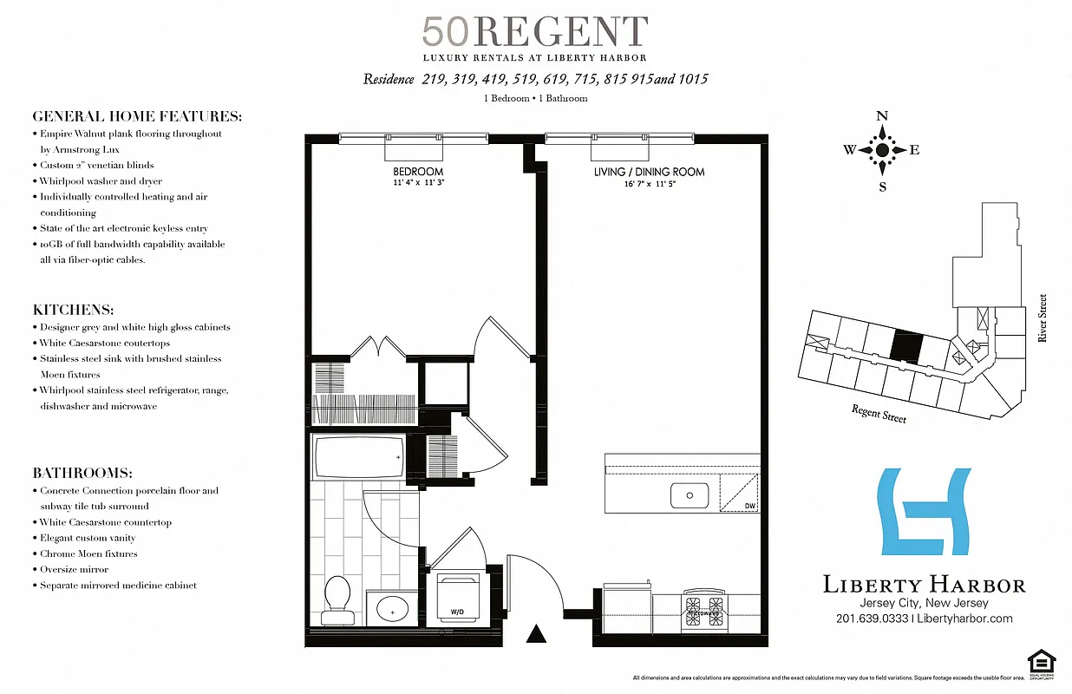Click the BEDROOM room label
(x=417, y=172)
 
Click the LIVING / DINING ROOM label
(x=649, y=172)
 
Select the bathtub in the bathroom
(x=357, y=456)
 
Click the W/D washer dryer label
(x=457, y=613)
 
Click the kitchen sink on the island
(x=690, y=495)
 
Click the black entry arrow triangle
(x=537, y=635)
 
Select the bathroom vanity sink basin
(x=393, y=609)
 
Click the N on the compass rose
(x=882, y=116)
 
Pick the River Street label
(x=1043, y=318)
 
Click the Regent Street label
(x=879, y=414)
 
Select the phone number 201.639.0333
(x=873, y=619)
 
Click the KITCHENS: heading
(x=74, y=310)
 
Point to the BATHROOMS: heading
(x=82, y=473)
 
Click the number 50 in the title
(x=446, y=32)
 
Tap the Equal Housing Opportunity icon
(x=1036, y=660)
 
